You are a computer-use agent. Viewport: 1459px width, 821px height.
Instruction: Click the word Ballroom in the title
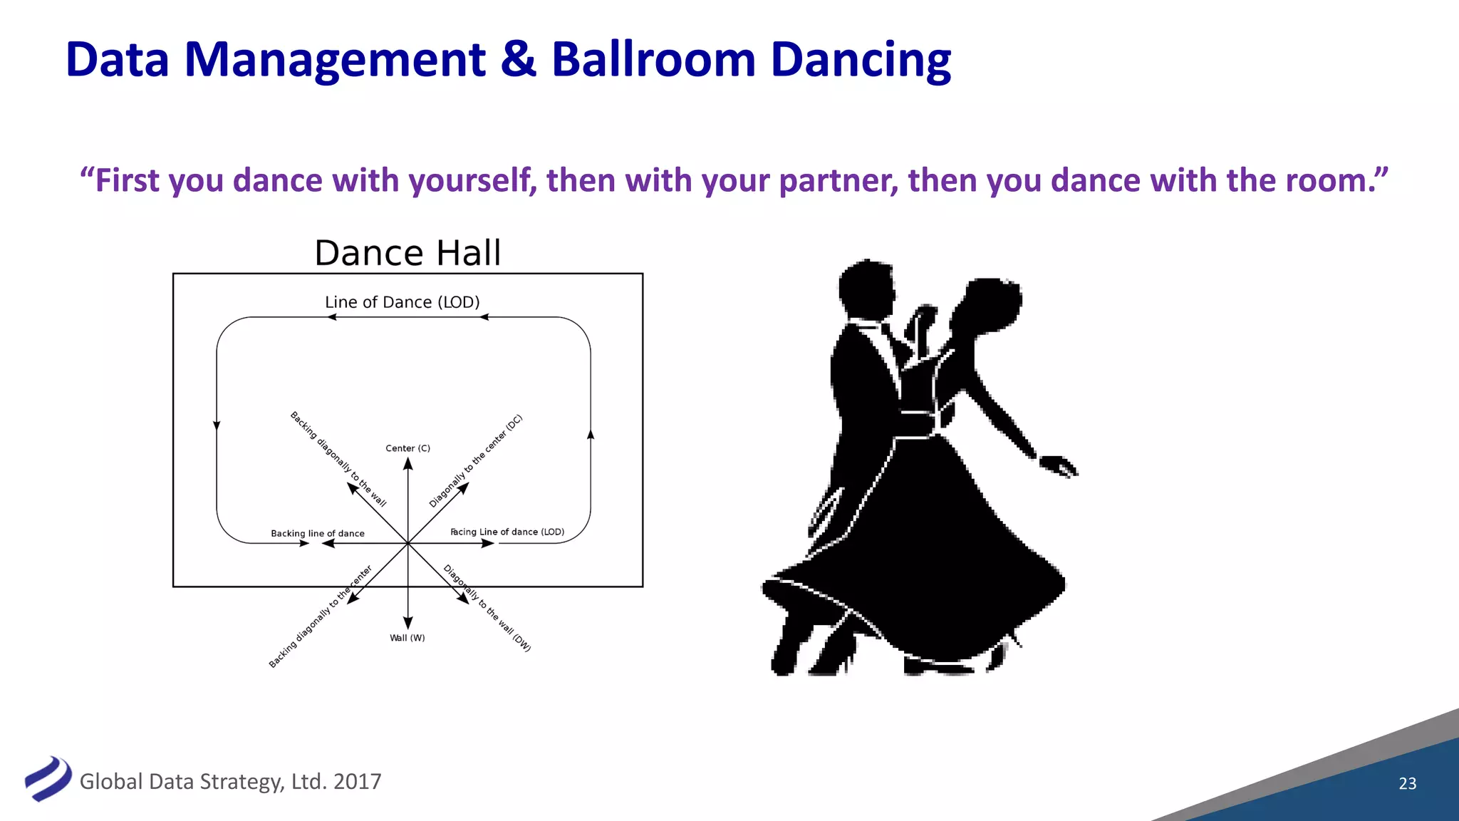point(653,59)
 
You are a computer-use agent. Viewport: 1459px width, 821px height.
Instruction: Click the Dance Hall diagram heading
point(407,253)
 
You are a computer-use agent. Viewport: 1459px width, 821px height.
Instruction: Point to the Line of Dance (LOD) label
point(402,302)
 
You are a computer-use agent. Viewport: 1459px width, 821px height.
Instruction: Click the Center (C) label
point(407,448)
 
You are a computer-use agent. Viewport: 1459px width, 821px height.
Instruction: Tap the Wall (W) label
point(407,638)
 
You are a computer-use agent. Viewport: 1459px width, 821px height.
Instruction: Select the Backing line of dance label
point(317,533)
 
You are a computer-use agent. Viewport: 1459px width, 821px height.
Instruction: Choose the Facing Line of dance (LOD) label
point(507,532)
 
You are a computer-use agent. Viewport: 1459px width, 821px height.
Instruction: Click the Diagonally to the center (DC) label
point(475,460)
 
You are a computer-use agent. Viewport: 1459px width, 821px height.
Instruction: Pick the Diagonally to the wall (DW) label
point(487,608)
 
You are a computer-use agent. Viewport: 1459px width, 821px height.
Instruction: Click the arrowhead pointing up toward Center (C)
point(407,464)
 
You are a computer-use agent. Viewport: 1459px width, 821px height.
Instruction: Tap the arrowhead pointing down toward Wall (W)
point(407,623)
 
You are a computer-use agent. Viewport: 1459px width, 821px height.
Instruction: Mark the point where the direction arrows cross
point(407,543)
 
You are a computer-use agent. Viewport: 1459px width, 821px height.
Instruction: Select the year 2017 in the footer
point(357,782)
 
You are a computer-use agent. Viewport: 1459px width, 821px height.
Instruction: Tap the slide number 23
point(1407,783)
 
